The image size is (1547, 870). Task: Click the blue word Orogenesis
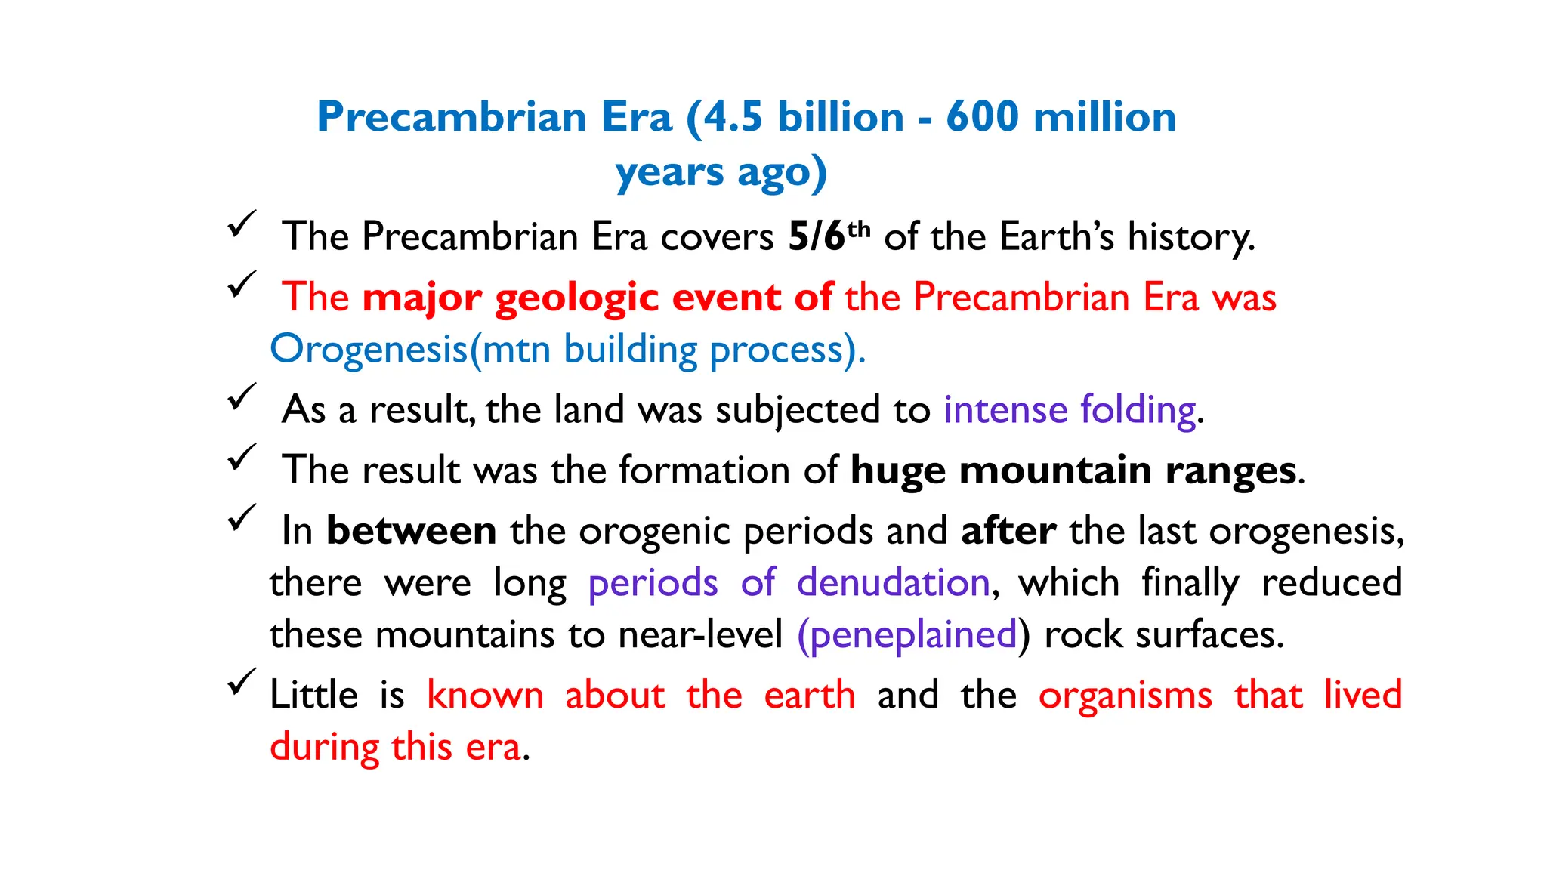369,350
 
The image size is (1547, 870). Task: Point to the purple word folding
1138,410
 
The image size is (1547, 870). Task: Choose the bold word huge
897,470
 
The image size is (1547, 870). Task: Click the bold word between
411,530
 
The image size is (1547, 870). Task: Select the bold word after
1008,530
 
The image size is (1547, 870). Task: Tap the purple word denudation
893,583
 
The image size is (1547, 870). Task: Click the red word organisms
1126,695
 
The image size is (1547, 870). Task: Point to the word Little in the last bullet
313,695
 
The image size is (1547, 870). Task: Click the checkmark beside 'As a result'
242,397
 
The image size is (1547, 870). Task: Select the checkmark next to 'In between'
242,518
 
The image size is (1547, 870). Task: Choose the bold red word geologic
577,298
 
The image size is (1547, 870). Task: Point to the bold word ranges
1230,470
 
